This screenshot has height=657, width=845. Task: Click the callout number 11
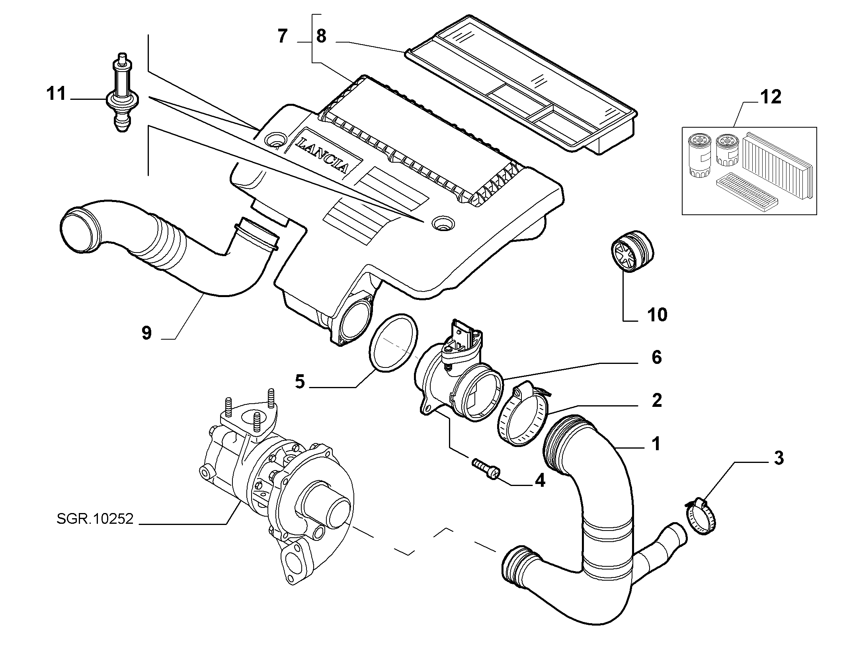tap(56, 94)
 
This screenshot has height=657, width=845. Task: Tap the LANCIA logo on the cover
tap(323, 155)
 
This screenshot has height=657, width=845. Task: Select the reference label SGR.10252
tap(95, 519)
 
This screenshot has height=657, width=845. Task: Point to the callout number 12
tap(771, 97)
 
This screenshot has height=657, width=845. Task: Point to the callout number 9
tap(147, 332)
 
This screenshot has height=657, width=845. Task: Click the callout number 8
tap(321, 37)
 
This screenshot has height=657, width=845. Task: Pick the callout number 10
tap(657, 315)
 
